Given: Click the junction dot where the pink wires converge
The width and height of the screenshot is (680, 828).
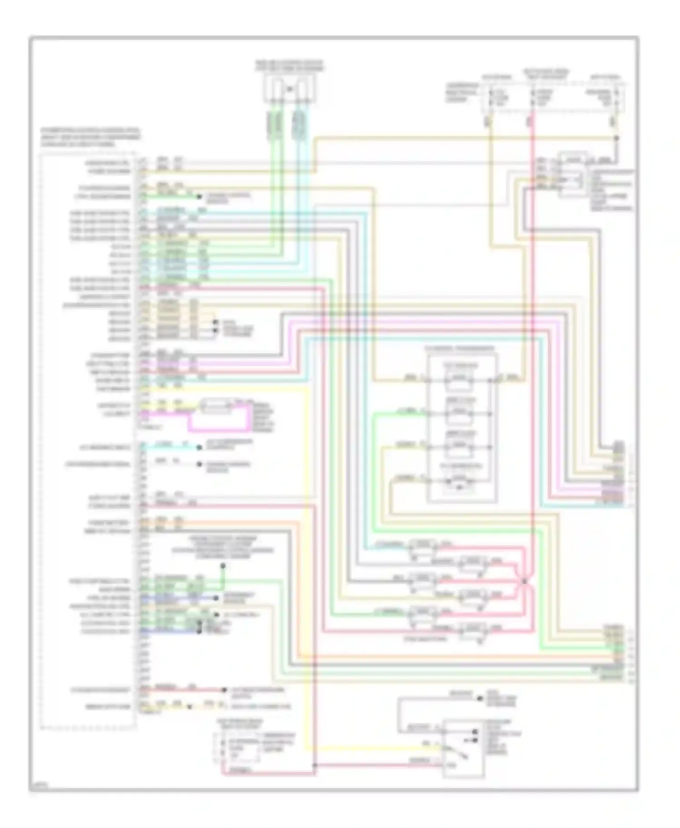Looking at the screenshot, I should point(524,580).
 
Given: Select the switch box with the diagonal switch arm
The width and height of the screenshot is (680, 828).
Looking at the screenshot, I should point(463,748).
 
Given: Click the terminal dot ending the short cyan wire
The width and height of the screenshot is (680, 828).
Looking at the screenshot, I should point(199,448).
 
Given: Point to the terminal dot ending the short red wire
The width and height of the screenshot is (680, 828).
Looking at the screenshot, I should point(224,690).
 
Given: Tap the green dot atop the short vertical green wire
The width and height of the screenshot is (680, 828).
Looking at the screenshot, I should point(223,566).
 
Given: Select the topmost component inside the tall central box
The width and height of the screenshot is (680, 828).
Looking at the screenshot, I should point(459,379).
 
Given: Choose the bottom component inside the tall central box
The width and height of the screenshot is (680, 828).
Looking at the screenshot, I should point(460,481).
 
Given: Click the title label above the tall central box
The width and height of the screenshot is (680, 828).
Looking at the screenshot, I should point(460,349).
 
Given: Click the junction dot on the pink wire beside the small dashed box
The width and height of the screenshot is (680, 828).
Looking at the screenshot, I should point(314,765).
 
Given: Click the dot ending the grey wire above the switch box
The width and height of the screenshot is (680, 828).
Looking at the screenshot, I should point(480,698).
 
